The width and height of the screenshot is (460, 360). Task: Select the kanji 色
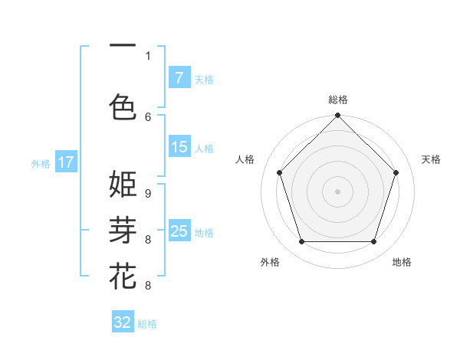pos(123,106)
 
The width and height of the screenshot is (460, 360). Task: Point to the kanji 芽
pos(123,230)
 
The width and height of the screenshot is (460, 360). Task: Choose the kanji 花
pos(123,276)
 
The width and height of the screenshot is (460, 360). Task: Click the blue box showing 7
pos(179,78)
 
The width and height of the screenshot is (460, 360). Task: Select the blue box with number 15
pos(179,147)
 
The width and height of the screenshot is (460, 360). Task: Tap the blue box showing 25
pos(179,231)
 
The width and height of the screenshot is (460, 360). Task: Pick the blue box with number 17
pos(66,162)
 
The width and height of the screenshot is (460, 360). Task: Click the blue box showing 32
pos(123,322)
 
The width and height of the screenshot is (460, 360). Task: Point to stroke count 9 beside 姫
pos(148,194)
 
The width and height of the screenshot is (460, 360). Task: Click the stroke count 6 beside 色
pos(148,116)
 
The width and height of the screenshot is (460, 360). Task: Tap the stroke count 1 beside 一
pos(148,55)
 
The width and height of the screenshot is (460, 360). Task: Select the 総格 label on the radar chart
pos(337,100)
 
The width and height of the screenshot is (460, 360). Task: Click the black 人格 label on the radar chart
pos(245,159)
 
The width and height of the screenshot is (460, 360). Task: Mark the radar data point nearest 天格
pos(396,172)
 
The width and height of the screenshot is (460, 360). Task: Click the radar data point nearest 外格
pos(301,242)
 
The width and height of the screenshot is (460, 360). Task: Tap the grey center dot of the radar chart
pos(337,191)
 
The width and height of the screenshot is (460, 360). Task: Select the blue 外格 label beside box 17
pos(41,163)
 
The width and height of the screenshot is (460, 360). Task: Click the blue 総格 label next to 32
pos(147,324)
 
